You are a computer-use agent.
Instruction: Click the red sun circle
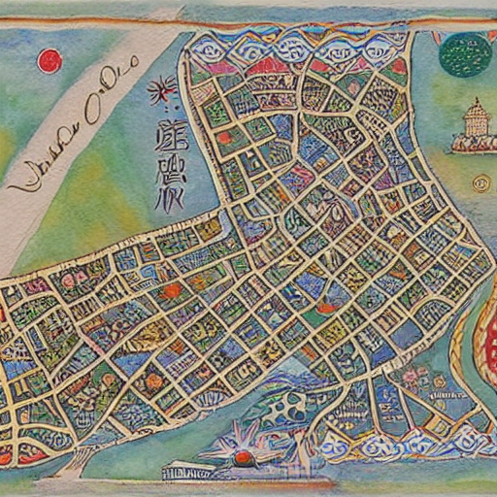coord(50,61)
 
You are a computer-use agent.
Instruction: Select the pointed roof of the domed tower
coord(475,103)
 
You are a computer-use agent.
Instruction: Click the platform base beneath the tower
coord(474,146)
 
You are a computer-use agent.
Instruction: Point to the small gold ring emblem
coord(480,182)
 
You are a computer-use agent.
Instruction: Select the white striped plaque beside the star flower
coord(187,473)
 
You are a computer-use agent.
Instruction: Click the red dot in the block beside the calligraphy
coord(224,138)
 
